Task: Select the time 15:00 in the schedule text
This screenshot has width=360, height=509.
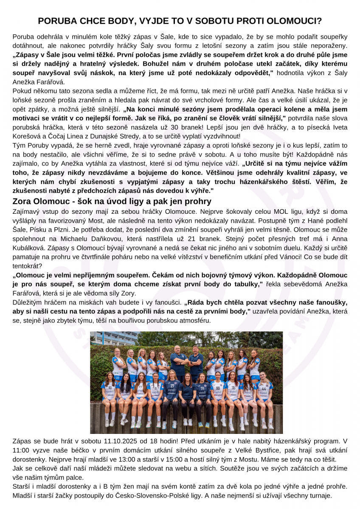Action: click(183, 459)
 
